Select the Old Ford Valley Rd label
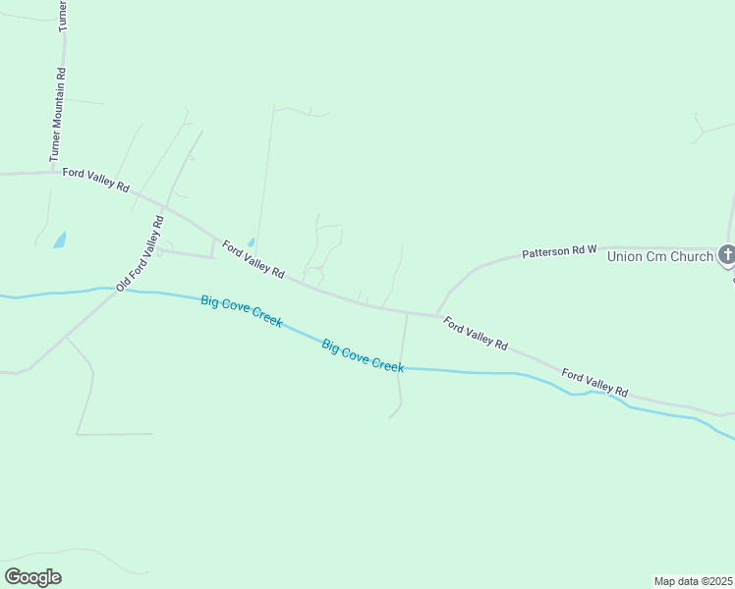(139, 253)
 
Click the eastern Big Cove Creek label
(363, 354)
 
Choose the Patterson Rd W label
(559, 252)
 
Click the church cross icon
(727, 256)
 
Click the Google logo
(32, 576)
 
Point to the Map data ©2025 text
(693, 581)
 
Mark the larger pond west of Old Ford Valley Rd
(60, 240)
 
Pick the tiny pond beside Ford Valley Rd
(252, 241)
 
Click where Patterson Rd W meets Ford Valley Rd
(437, 316)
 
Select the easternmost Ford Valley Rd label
(594, 382)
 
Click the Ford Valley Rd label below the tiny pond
(253, 259)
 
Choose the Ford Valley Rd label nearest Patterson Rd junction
(475, 333)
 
